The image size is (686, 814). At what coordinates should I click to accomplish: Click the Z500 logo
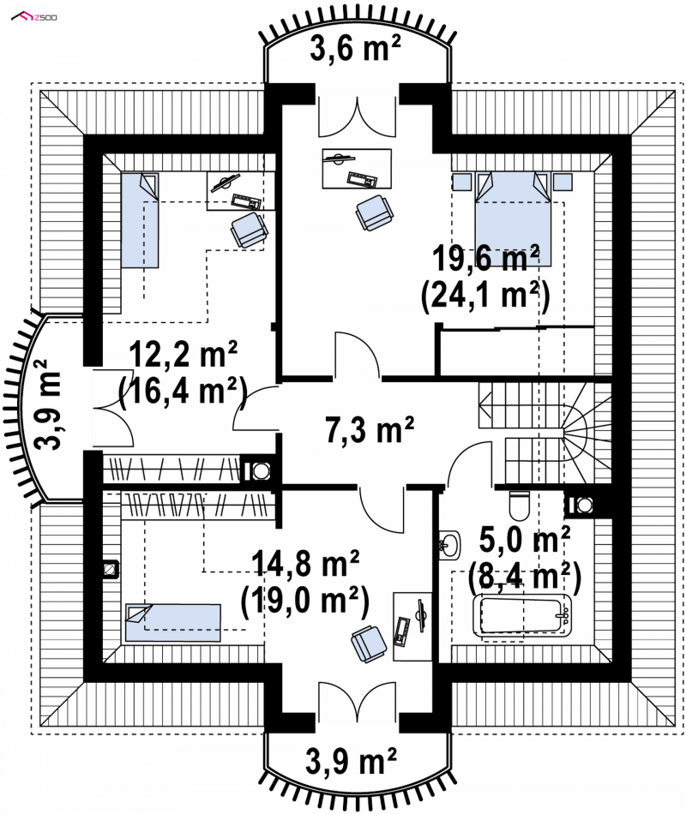34,17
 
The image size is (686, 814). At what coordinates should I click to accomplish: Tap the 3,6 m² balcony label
356,48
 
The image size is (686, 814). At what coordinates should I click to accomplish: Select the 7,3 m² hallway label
370,430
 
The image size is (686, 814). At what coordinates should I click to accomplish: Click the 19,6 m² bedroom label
486,258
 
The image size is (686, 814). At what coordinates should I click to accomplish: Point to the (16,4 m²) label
183,392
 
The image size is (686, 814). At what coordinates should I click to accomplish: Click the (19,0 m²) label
305,601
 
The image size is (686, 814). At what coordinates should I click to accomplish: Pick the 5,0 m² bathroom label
525,540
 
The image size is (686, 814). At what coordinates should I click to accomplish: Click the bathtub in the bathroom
521,615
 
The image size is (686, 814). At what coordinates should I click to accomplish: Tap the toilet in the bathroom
519,506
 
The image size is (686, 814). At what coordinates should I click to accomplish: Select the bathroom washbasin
449,545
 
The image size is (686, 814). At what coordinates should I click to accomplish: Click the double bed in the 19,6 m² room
513,219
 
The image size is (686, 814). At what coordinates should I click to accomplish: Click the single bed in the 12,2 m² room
140,220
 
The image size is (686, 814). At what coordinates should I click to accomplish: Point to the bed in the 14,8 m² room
173,622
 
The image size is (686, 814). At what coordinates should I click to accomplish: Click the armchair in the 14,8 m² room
369,644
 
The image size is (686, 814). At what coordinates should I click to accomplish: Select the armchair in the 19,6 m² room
375,212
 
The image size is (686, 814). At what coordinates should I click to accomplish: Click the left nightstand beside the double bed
461,182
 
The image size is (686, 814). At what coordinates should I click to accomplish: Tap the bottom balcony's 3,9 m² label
352,761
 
